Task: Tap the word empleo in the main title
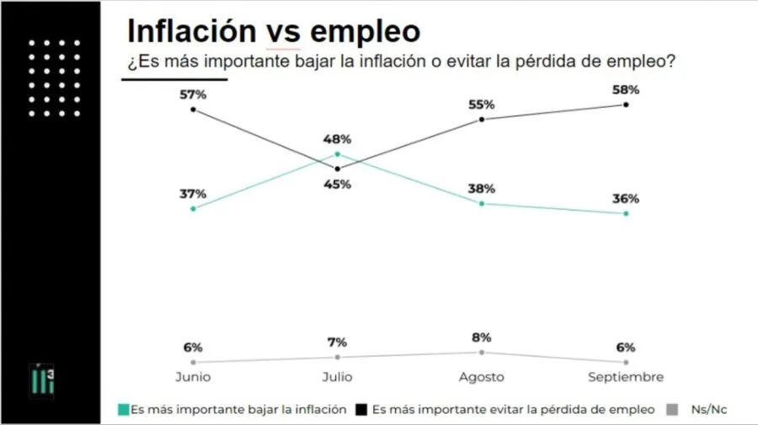coord(366,32)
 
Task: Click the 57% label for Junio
coord(193,94)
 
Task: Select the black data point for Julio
coord(338,168)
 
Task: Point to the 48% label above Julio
coord(338,140)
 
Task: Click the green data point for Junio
coord(193,208)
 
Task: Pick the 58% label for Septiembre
coord(626,89)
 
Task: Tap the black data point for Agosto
coord(482,120)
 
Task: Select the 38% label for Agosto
coord(482,189)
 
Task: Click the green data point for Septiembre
coord(626,214)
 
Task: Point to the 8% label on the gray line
coord(482,337)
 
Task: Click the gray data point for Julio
coord(338,357)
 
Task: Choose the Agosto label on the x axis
coord(482,376)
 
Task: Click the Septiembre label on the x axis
coord(626,376)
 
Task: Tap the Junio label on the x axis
coord(193,376)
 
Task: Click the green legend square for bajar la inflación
coord(123,410)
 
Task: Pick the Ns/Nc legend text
coord(708,410)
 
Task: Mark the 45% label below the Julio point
coord(338,184)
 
